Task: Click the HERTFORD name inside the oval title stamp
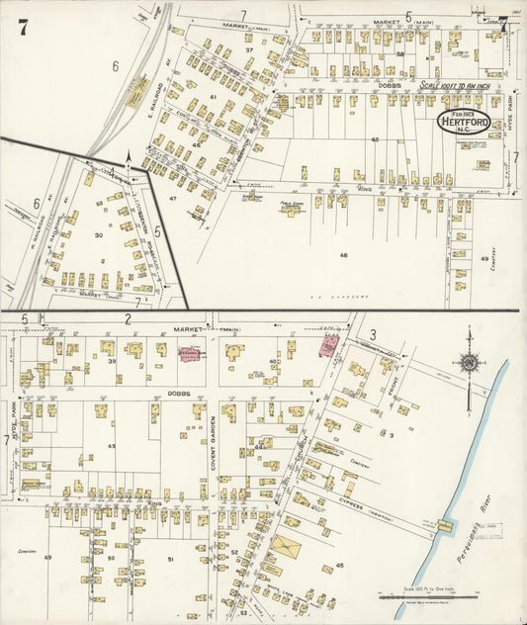(464, 125)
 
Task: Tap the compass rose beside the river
(468, 363)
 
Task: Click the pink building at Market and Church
(327, 345)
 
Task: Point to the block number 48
(343, 255)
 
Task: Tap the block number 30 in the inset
(98, 235)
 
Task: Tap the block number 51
(170, 560)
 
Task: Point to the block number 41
(213, 97)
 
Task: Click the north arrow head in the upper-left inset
(128, 156)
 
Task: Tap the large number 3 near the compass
(373, 334)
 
